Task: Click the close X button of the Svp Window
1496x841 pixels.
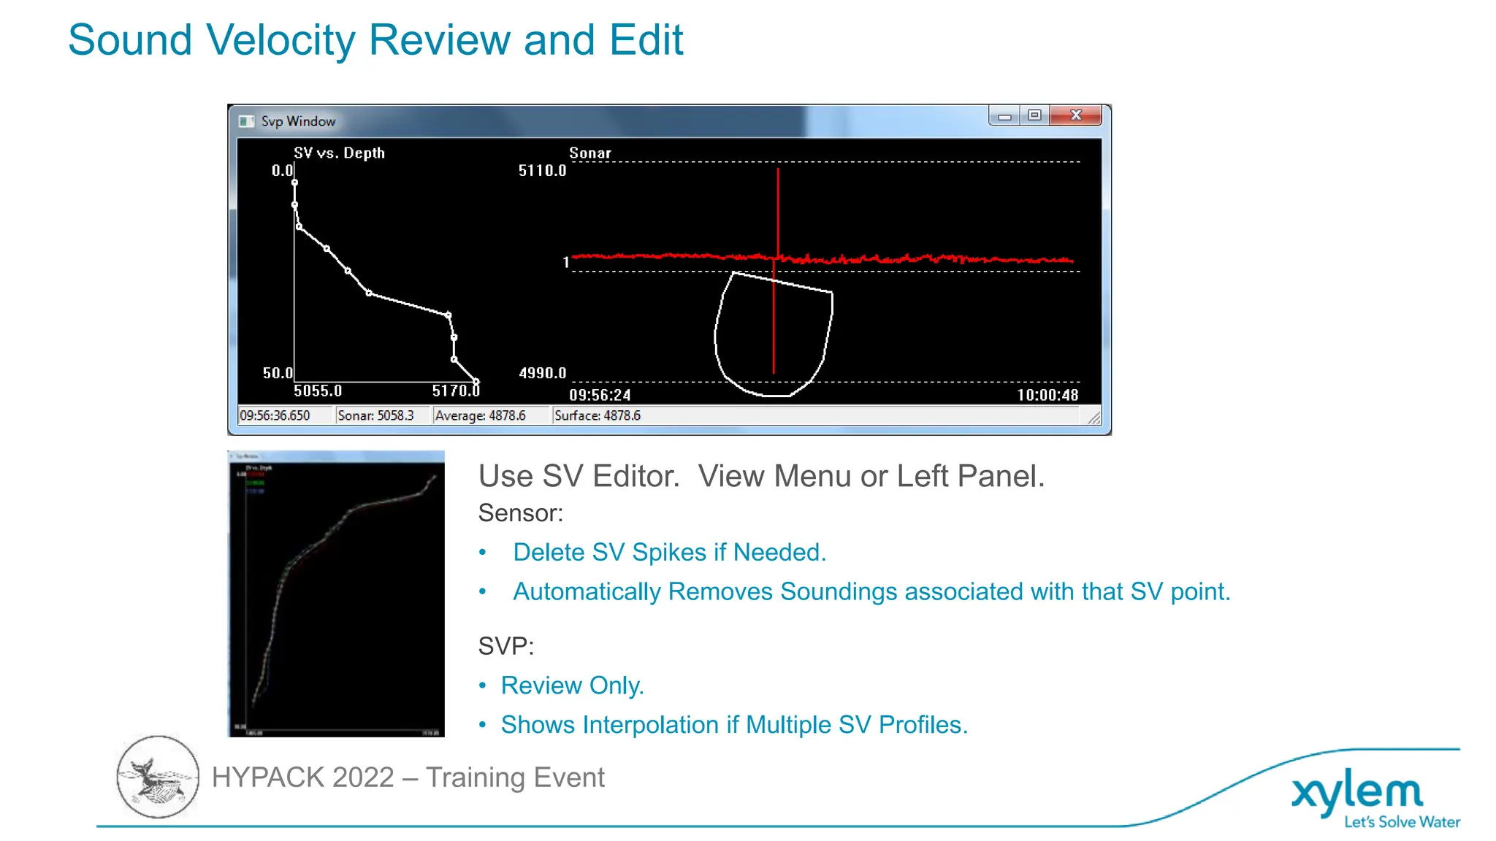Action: (1075, 115)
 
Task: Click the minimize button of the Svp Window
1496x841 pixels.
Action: (1005, 116)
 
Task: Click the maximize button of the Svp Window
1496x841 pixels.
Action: (1034, 115)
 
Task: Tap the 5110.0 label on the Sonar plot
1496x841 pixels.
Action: (542, 171)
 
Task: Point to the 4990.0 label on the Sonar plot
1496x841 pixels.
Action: (542, 373)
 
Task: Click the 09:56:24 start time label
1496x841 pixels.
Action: (600, 395)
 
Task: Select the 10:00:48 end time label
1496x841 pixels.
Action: (1047, 395)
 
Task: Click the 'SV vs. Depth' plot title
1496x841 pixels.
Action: (339, 153)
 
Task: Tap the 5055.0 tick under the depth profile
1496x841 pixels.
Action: (318, 391)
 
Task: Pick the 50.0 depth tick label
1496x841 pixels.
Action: (278, 373)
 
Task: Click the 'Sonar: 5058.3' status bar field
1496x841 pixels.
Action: (375, 415)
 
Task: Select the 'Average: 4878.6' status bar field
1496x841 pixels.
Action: (480, 415)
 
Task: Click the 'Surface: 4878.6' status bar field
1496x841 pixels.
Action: (598, 415)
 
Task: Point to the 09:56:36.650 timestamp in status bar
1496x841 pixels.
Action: (275, 415)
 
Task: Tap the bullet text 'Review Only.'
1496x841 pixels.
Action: (572, 686)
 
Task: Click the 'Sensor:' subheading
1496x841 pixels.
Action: (520, 513)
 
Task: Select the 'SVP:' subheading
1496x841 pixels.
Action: (505, 646)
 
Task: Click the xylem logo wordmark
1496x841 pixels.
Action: (1357, 792)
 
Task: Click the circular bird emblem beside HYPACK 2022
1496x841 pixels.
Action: (158, 777)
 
